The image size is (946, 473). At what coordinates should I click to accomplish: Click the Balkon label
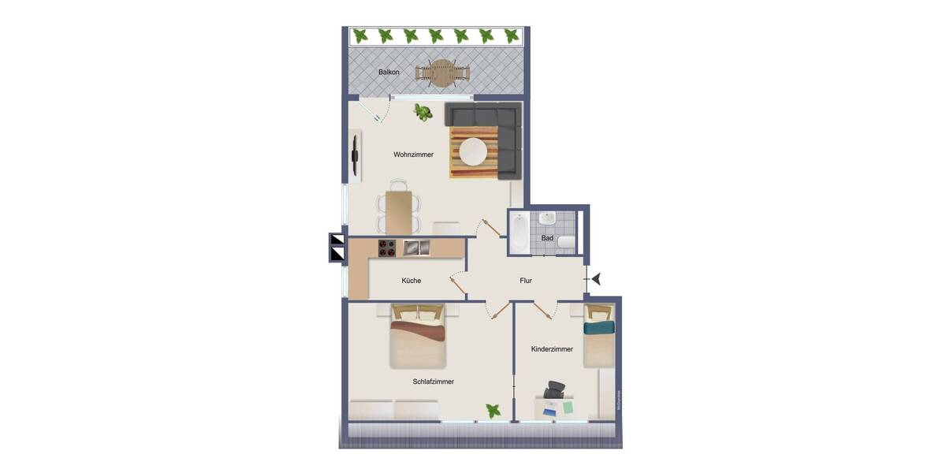coord(389,73)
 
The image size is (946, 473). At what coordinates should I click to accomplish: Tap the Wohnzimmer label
coord(414,155)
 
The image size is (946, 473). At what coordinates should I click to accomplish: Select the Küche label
coord(411,281)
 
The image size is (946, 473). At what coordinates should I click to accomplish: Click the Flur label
coord(526,281)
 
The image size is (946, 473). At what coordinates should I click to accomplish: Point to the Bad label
coord(547,237)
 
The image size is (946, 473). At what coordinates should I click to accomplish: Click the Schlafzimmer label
coord(433,382)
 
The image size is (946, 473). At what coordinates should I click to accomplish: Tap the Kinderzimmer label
coord(552,349)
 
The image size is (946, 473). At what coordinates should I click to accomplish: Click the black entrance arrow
coord(596,278)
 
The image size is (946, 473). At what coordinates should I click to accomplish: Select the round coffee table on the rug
coord(474,151)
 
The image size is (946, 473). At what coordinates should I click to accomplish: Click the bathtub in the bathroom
coord(519,233)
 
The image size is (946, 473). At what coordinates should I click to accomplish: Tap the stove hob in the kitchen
coord(387,248)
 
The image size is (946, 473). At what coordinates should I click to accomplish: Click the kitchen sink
coord(416,248)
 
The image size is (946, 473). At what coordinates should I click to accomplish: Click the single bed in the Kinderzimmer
coord(598,337)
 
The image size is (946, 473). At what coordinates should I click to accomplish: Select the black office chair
coord(555,390)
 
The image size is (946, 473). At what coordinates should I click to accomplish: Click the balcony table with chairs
coord(443,73)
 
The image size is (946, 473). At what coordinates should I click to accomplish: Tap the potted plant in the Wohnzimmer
coord(424,113)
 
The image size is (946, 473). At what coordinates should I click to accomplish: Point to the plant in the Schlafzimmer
coord(493,411)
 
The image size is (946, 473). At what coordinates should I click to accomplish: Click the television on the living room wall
coord(356,155)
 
